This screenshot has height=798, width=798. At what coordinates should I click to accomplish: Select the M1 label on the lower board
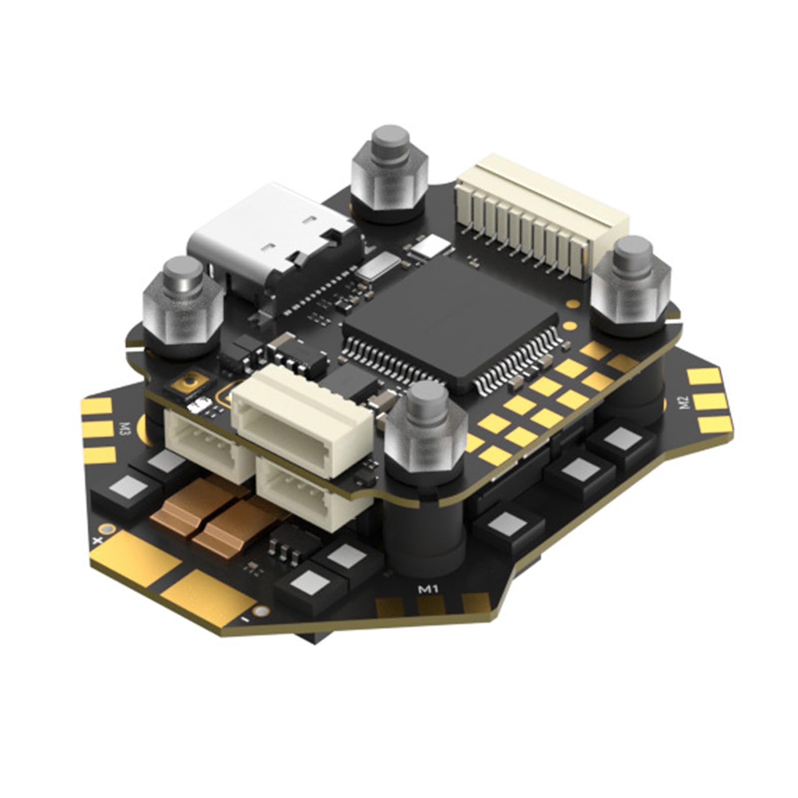click(427, 589)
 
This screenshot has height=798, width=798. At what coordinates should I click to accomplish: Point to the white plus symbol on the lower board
click(98, 540)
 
